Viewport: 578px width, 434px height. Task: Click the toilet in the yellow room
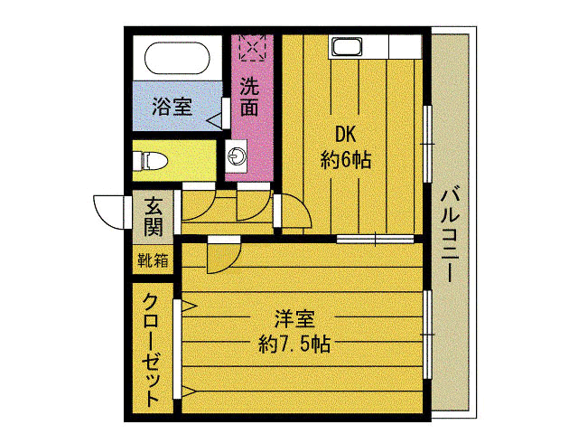pyautogui.click(x=152, y=161)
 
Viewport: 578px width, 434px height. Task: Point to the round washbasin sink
pyautogui.click(x=238, y=156)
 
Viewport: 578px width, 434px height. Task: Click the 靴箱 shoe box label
pyautogui.click(x=152, y=261)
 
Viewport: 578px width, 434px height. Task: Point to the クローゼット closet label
pyautogui.click(x=152, y=348)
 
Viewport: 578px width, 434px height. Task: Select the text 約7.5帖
pyautogui.click(x=293, y=344)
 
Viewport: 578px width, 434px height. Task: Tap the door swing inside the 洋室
pyautogui.click(x=219, y=258)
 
